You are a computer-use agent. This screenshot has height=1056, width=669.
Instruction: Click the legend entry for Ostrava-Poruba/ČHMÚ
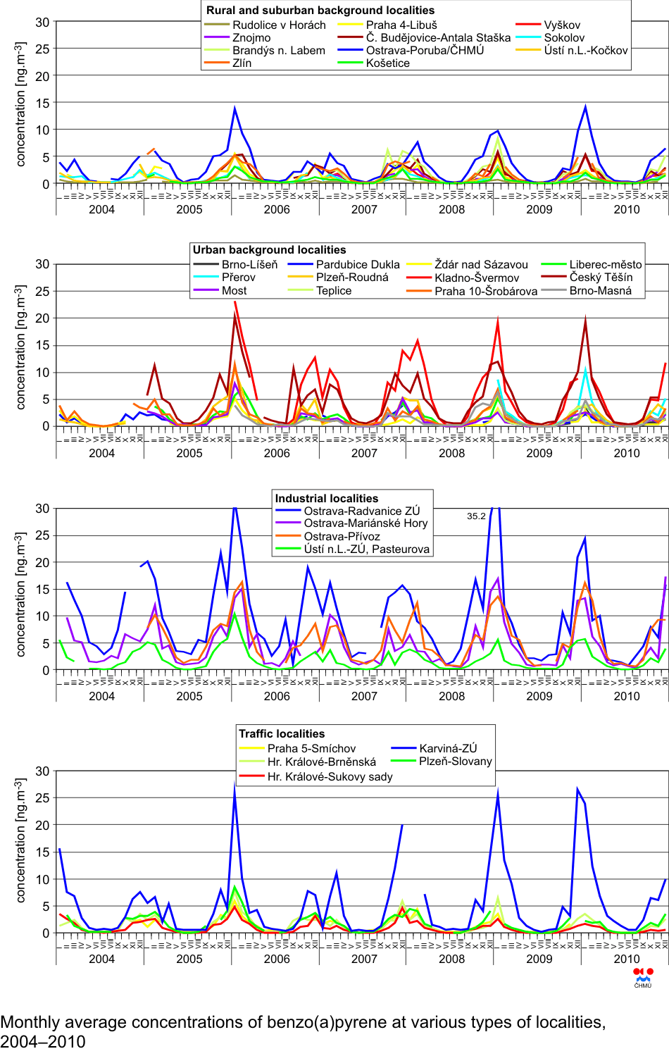pos(425,50)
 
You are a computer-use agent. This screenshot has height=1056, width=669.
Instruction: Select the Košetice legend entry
pos(387,63)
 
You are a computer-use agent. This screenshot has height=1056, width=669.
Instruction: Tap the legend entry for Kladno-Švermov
pos(477,278)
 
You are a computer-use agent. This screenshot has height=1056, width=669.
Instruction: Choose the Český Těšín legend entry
pos(601,277)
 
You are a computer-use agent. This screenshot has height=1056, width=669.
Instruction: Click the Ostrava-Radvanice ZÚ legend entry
pos(361,511)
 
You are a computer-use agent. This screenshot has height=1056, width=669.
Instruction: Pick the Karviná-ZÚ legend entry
pos(448,748)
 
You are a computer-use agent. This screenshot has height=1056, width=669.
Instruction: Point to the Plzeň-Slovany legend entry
pos(455,761)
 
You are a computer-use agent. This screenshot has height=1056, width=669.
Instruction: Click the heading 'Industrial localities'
pos(326,498)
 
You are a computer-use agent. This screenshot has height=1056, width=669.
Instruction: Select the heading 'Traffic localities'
pos(282,733)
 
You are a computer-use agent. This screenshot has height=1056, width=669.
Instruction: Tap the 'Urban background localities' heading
pos(269,249)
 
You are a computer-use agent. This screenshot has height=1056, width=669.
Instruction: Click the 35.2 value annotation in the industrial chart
pos(476,516)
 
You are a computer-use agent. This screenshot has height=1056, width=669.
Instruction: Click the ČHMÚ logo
pos(643,977)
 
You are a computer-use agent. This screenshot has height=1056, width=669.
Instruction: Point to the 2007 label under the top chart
pos(364,209)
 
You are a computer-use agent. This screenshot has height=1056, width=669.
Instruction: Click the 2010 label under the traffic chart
pos(627,959)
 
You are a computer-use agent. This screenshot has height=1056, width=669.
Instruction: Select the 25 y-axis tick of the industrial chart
pos(42,535)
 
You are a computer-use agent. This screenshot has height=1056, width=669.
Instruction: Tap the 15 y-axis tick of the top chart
pos(42,103)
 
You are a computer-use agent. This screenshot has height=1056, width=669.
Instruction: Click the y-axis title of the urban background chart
pos(20,347)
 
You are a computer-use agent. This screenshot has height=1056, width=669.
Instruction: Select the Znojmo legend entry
pos(251,37)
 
